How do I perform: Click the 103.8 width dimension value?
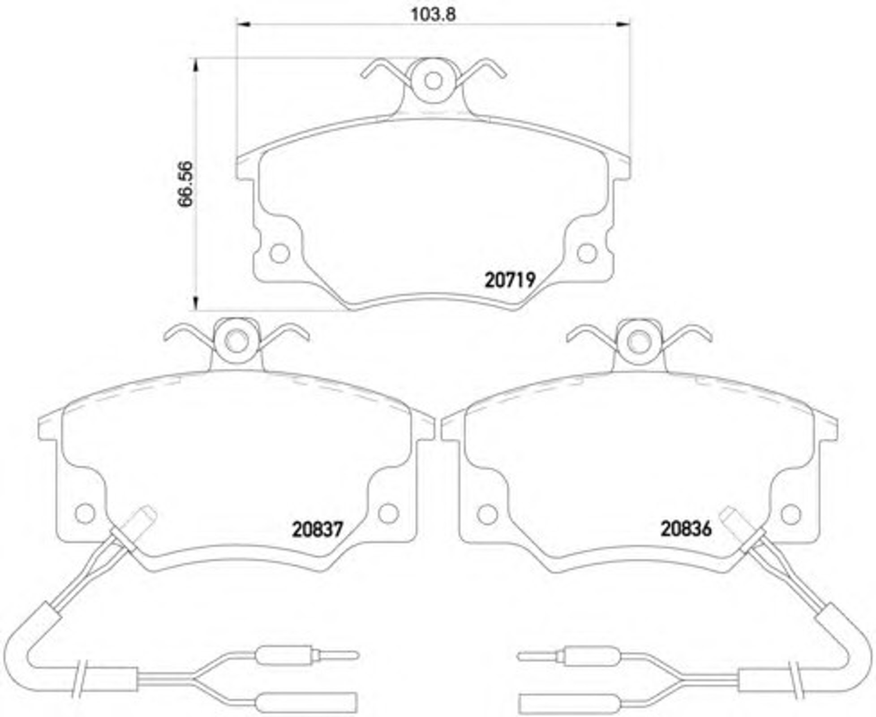(433, 14)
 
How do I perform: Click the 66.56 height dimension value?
(185, 184)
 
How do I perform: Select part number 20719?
(510, 281)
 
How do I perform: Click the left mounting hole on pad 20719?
(280, 254)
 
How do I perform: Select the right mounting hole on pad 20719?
(587, 254)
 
